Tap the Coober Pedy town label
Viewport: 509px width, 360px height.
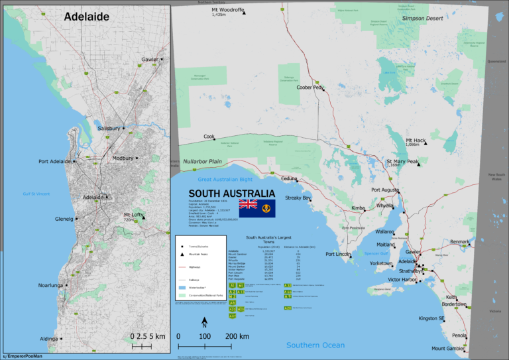click(310, 88)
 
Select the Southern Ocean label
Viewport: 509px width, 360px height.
click(315, 345)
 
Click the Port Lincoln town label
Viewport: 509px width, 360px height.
click(339, 255)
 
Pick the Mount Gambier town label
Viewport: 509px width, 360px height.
click(448, 348)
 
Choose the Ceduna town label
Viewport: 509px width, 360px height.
click(289, 178)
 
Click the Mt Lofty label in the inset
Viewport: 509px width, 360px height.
click(135, 215)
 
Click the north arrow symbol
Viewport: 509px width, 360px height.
click(205, 322)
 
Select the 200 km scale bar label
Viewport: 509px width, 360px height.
click(237, 337)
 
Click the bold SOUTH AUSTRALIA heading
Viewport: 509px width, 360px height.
click(222, 193)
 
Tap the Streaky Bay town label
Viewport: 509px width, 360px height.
click(298, 198)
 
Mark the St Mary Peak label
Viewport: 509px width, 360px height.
click(402, 162)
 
